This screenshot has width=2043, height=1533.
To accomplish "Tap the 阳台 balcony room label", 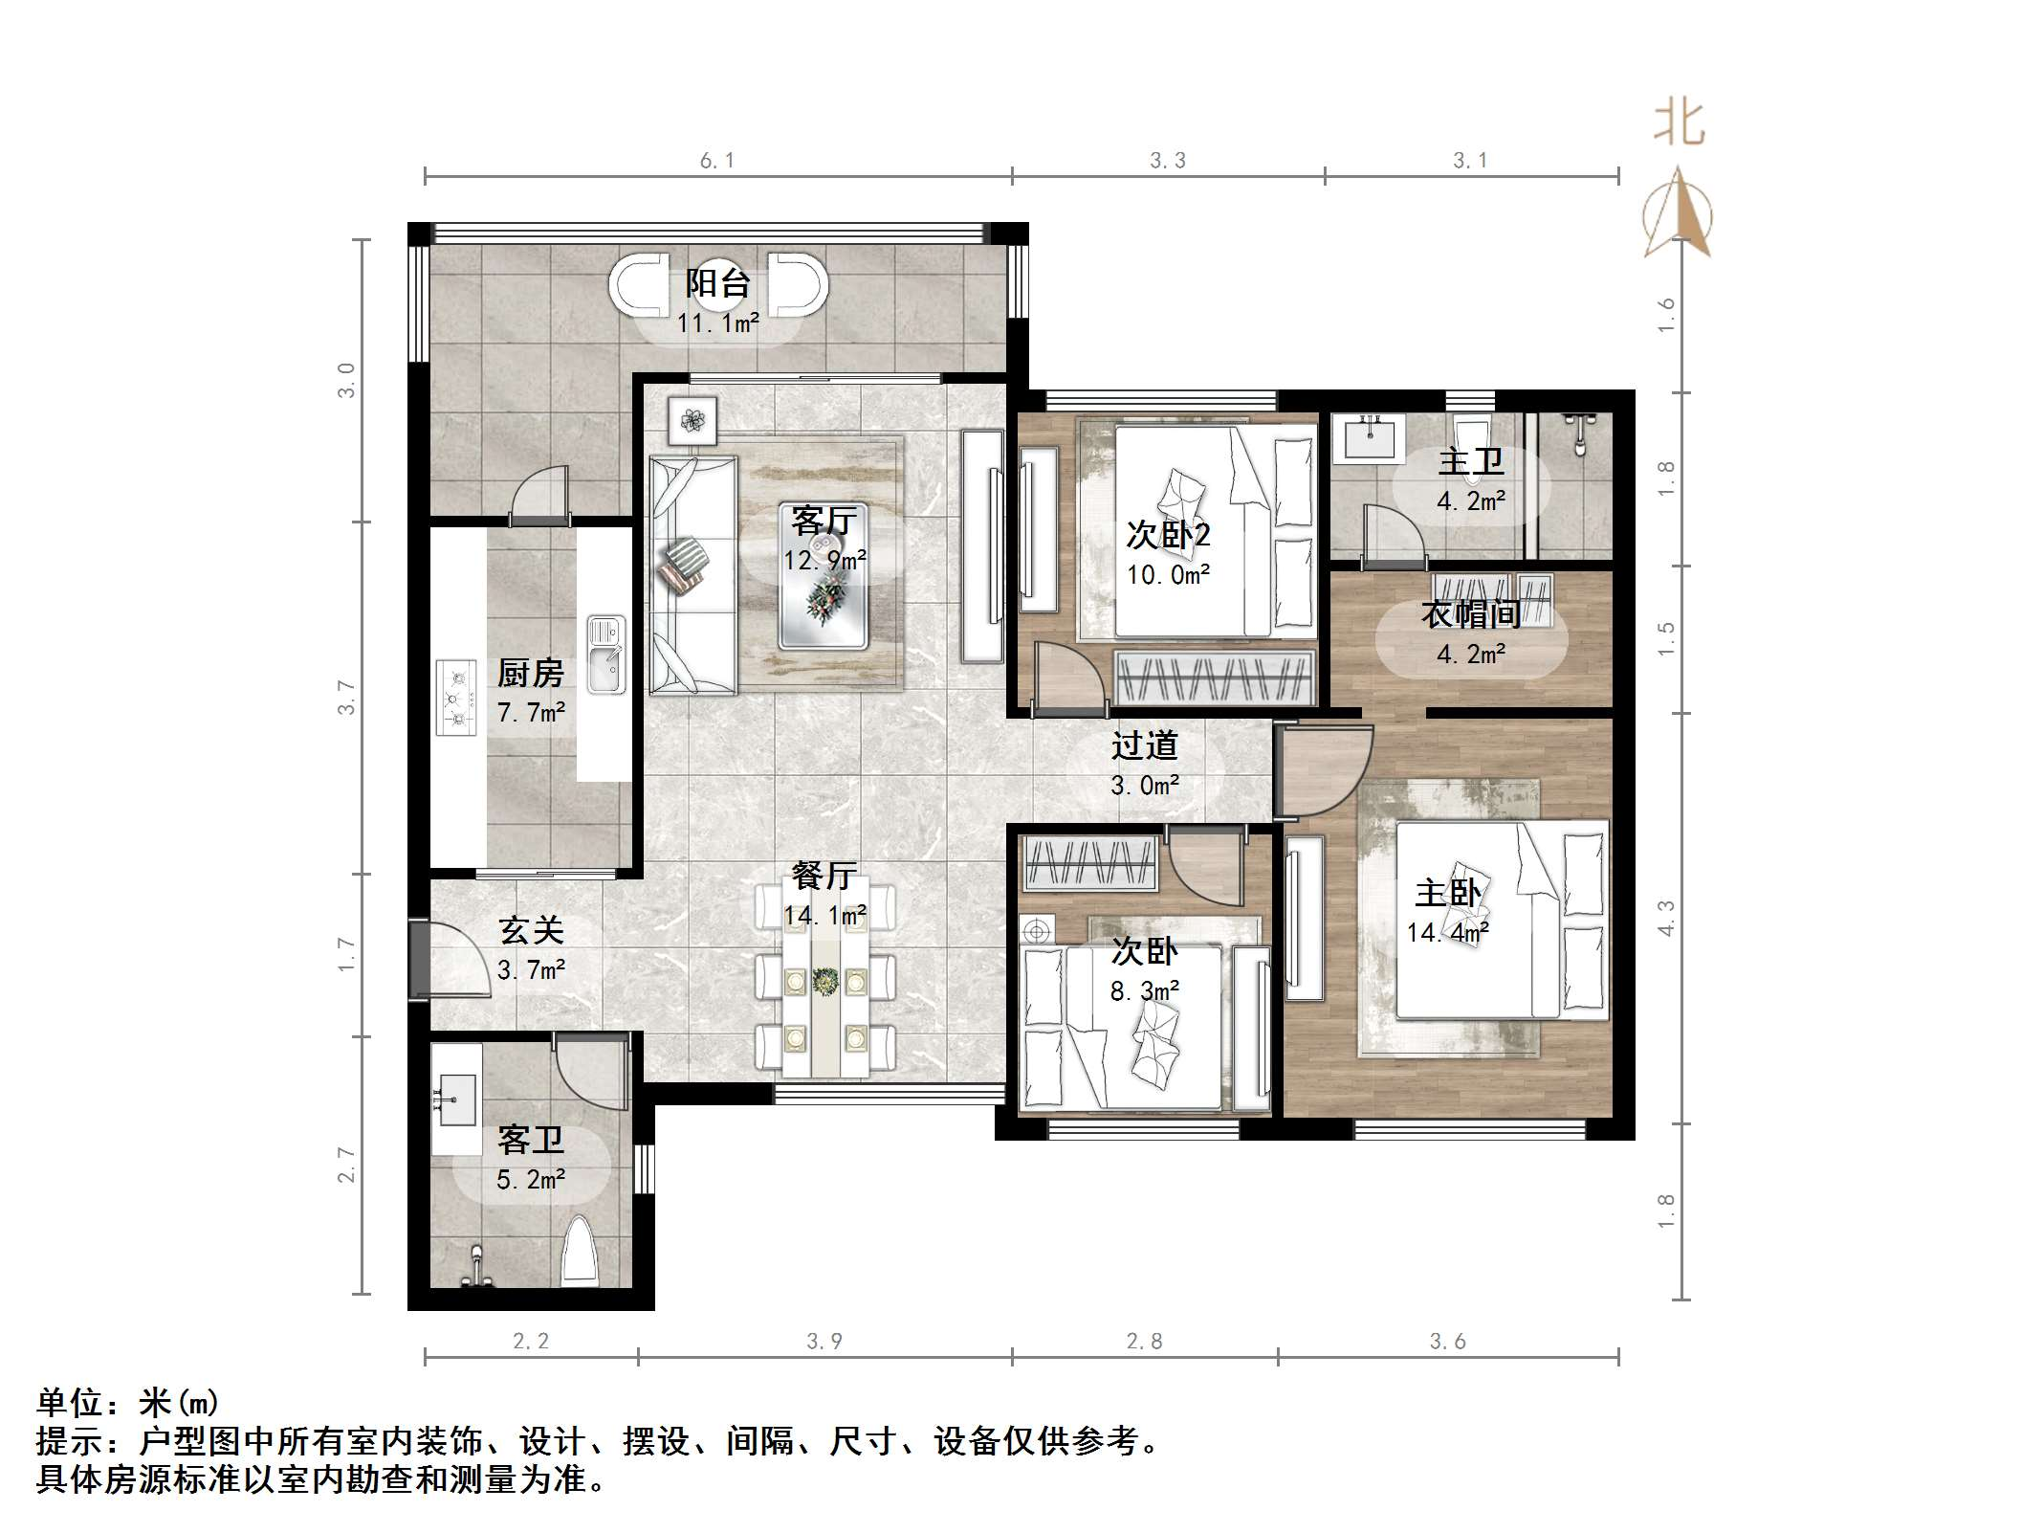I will click(717, 283).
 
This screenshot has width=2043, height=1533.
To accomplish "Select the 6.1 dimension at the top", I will click(716, 161).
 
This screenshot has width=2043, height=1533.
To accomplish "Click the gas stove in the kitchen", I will click(456, 698).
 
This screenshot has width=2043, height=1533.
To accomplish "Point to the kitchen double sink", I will click(605, 655).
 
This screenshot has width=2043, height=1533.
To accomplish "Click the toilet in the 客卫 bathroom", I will click(579, 1252).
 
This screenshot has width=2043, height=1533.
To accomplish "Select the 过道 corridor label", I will click(1144, 745).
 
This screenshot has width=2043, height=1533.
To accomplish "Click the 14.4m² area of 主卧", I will click(1447, 933).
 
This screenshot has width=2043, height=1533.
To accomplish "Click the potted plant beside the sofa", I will click(692, 420).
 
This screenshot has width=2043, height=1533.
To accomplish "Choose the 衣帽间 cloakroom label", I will click(1470, 614).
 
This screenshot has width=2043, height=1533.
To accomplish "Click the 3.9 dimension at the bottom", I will click(824, 1342).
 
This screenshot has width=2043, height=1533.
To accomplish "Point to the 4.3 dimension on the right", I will click(1666, 918).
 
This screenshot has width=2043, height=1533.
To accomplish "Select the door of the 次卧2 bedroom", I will click(1068, 679).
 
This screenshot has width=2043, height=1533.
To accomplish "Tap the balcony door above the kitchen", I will click(539, 498).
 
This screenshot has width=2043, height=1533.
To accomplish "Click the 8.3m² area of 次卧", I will click(1144, 992).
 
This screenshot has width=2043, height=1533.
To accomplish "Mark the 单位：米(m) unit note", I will click(128, 1403).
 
